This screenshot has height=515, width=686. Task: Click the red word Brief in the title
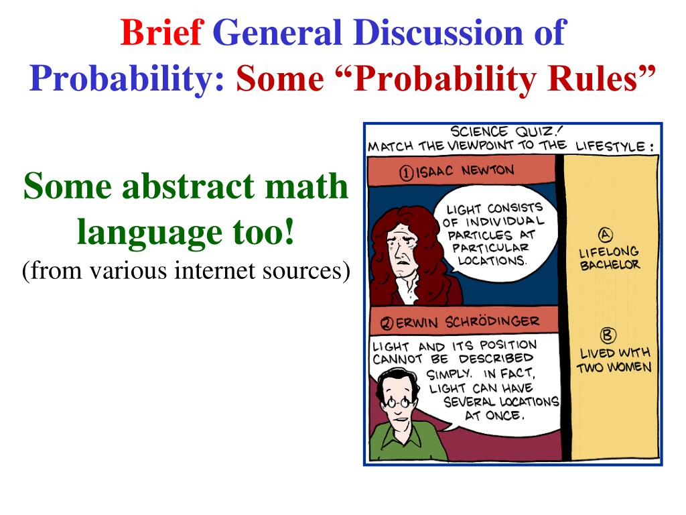tap(162, 32)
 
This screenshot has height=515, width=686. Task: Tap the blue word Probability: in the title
tap(127, 80)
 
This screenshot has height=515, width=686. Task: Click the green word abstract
tap(189, 186)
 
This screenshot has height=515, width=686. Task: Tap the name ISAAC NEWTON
tap(465, 171)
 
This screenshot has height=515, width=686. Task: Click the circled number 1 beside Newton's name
tap(406, 173)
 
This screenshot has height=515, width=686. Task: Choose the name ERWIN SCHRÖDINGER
tap(468, 323)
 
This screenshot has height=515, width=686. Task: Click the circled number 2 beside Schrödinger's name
tap(387, 324)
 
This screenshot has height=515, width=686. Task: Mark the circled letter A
tap(606, 235)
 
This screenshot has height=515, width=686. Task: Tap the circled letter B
tap(608, 335)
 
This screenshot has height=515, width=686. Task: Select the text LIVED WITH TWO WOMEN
tap(614, 360)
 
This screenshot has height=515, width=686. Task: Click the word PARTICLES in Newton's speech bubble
tap(480, 235)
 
